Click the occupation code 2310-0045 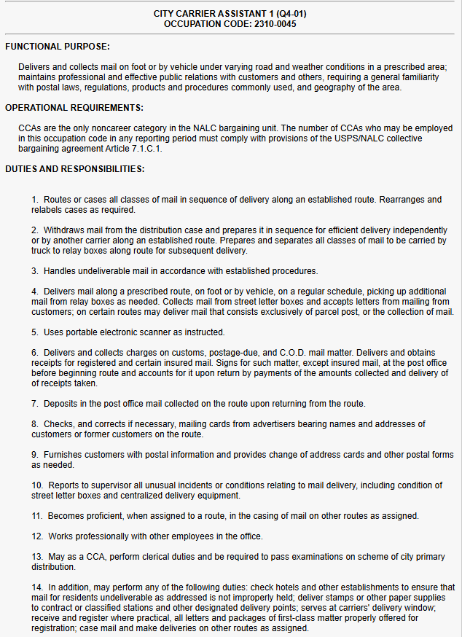pos(270,23)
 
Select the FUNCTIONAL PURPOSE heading pos(58,47)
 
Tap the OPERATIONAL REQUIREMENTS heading pos(74,108)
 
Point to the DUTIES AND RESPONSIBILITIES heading pos(75,169)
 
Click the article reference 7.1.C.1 pos(145,149)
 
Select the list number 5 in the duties pos(35,332)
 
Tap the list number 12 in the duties pos(37,536)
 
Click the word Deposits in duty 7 pos(62,403)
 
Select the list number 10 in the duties pos(37,485)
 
